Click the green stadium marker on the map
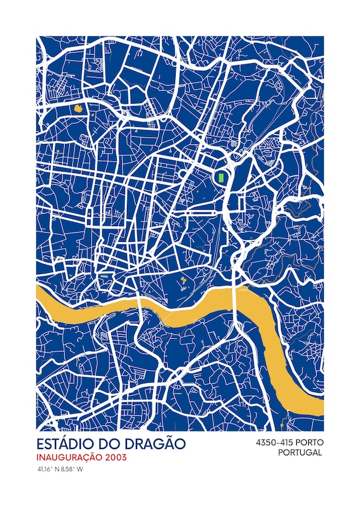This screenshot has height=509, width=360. click(x=221, y=177)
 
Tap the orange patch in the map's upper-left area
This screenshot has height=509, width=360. click(x=79, y=109)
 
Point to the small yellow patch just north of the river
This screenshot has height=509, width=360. click(x=182, y=278)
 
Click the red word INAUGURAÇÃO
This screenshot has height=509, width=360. click(x=70, y=457)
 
